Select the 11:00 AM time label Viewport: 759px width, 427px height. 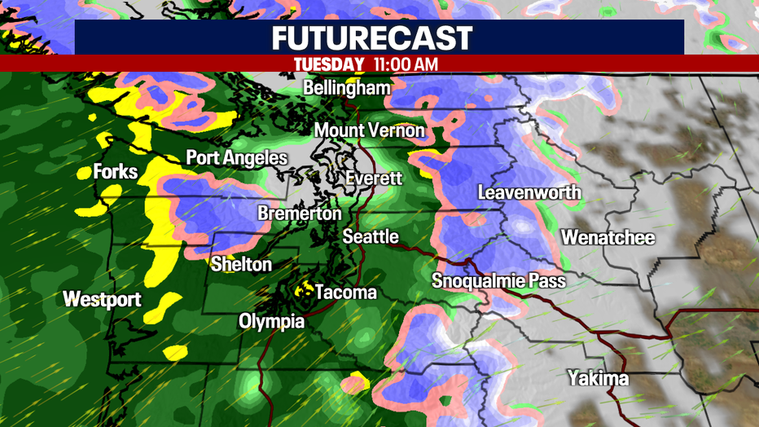point(406,63)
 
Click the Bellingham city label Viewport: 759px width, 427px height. point(346,87)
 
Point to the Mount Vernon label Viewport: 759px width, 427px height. point(369,130)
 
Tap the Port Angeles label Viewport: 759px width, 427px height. point(236,157)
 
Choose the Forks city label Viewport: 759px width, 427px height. point(116,172)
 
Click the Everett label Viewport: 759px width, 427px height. point(374,178)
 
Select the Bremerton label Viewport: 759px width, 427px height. point(300,213)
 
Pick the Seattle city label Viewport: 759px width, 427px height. point(371,237)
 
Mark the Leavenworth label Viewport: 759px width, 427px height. point(529,192)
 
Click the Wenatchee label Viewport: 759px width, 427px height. point(608,238)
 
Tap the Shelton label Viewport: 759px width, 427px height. point(241,264)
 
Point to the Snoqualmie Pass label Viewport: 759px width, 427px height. point(498,281)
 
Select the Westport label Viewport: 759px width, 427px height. point(103,299)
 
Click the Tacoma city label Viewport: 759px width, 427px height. point(346,292)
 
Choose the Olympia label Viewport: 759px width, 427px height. point(271,322)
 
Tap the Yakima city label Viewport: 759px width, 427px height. point(598,379)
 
